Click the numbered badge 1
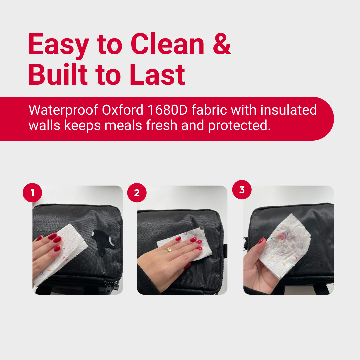click(x=32, y=193)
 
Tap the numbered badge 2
click(x=137, y=193)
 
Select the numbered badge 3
click(x=242, y=190)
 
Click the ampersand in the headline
click(x=222, y=44)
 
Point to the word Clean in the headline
click(x=168, y=44)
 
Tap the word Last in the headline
click(x=157, y=74)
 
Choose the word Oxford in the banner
click(x=123, y=110)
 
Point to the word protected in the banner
click(x=239, y=126)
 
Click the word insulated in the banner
click(x=289, y=110)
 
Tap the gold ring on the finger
click(x=169, y=250)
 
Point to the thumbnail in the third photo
click(x=261, y=240)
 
